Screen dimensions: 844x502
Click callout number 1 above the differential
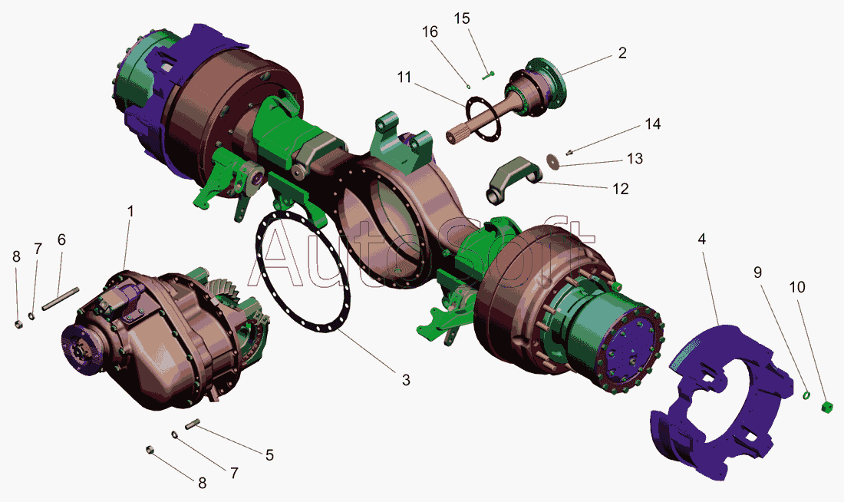pos(130,210)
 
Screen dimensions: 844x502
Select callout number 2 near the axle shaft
pos(622,53)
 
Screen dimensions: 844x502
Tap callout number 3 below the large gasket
pos(406,380)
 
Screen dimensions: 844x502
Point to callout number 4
pos(702,239)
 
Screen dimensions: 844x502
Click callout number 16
pos(430,31)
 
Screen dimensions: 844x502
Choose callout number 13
pos(635,158)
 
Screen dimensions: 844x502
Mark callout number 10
pos(797,287)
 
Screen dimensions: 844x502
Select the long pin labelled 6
pos(61,299)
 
